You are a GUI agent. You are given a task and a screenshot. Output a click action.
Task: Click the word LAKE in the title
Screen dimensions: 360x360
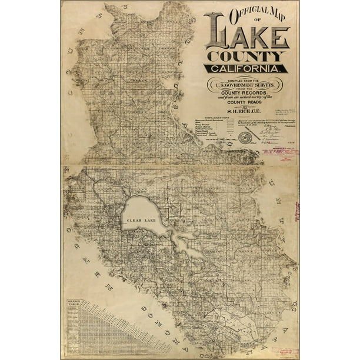click(246, 36)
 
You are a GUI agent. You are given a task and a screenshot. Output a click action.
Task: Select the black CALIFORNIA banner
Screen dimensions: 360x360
click(246, 68)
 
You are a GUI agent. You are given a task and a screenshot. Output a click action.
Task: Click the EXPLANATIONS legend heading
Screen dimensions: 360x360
click(214, 118)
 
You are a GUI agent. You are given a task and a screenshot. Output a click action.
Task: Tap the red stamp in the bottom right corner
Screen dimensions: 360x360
click(286, 351)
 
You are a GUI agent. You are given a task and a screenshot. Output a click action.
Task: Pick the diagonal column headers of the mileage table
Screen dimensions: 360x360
click(118, 321)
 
